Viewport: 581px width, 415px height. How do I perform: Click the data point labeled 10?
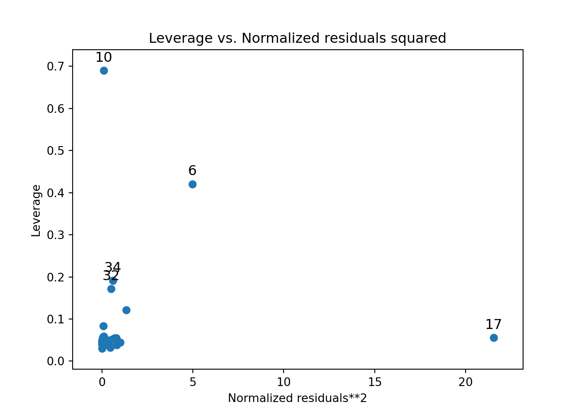click(104, 70)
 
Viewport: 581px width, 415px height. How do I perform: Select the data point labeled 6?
click(192, 184)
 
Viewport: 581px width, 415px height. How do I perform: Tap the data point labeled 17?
click(494, 338)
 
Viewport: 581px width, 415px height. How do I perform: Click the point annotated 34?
click(113, 281)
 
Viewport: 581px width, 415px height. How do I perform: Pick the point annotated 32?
click(111, 289)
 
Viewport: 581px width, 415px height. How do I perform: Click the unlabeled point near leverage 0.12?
click(126, 310)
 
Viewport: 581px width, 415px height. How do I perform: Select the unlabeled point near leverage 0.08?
click(103, 326)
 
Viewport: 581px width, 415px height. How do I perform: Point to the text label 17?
click(493, 324)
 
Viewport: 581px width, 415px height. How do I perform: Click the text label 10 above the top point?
click(103, 57)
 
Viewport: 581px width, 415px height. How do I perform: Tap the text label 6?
click(192, 170)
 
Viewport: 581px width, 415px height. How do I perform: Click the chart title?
click(297, 38)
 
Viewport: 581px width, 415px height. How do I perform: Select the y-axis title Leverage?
click(36, 211)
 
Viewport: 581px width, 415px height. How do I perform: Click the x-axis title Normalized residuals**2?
click(297, 398)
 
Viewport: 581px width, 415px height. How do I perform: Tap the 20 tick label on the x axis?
click(466, 382)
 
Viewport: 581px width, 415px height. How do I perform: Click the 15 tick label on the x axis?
click(374, 382)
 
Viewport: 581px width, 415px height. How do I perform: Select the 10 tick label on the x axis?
click(284, 382)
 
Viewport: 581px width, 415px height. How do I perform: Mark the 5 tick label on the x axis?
click(193, 382)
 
